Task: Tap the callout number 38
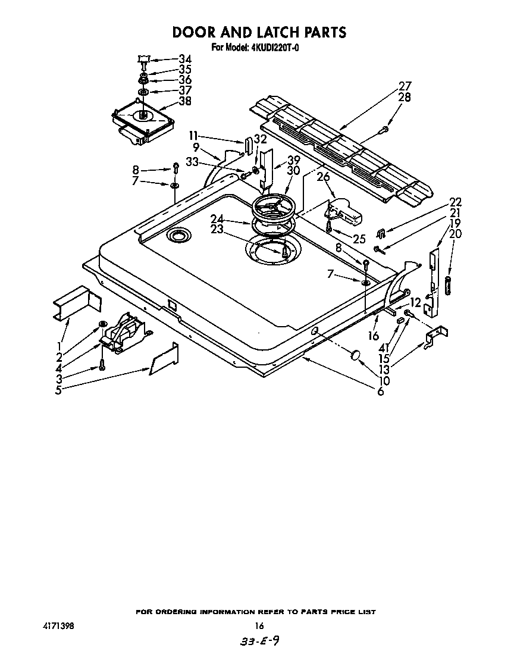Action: pos(184,101)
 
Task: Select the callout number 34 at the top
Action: pos(184,59)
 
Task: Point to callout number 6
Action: pos(380,391)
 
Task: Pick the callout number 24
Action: pos(217,218)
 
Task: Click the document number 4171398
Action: pos(58,625)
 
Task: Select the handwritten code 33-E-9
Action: pos(256,641)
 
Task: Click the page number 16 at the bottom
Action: pos(259,625)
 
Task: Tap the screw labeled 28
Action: pos(385,127)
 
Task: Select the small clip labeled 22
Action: pos(382,231)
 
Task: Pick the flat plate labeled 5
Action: pos(164,359)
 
